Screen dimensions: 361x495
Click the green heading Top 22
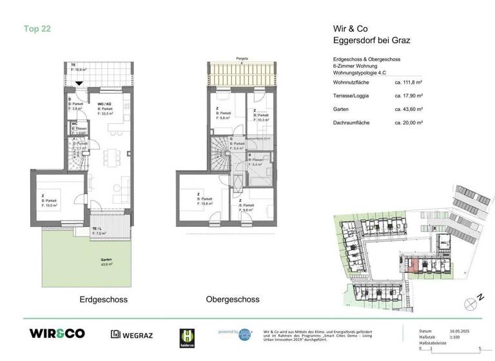[37, 28]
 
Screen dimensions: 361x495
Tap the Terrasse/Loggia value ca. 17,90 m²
[408, 96]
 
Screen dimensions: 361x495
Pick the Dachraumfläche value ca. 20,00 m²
[408, 122]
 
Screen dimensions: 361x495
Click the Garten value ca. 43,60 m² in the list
[408, 109]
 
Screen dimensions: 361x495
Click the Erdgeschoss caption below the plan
[103, 300]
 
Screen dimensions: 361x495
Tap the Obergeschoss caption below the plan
[233, 300]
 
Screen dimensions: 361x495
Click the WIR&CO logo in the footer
[57, 333]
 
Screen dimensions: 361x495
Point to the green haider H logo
[186, 337]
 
